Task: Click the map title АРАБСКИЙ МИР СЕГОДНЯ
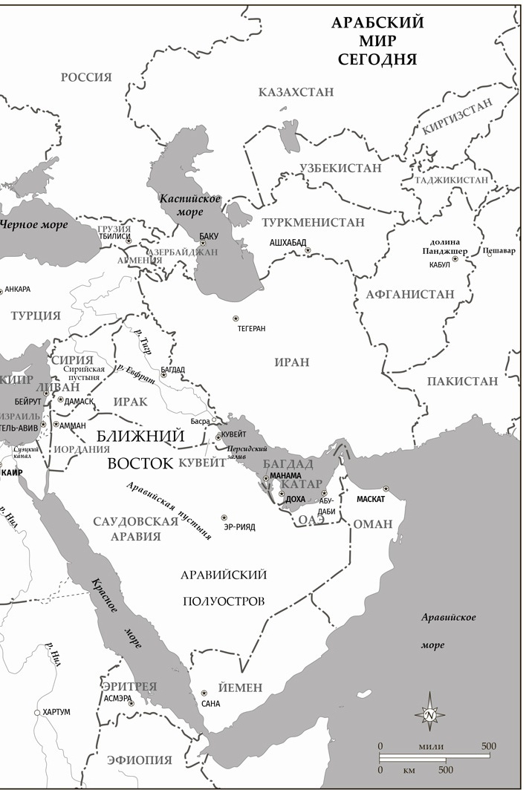(377, 41)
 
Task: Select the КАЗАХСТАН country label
(296, 92)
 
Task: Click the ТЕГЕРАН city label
(250, 327)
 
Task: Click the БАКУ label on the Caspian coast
(210, 236)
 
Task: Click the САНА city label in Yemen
(210, 702)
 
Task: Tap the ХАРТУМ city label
(56, 712)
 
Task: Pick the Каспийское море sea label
(190, 205)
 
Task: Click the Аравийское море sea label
(448, 631)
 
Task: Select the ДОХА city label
(295, 500)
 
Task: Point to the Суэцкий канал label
(22, 453)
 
